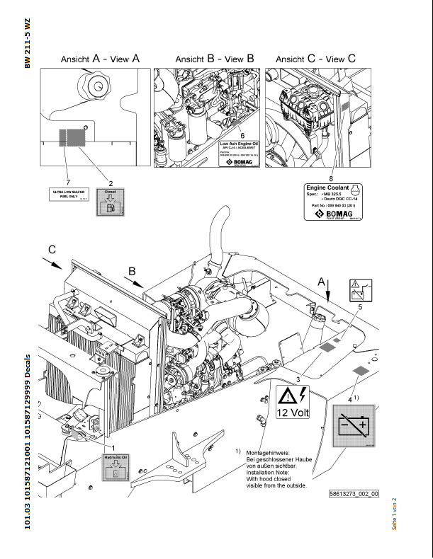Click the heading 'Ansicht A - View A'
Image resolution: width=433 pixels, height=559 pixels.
tap(100, 59)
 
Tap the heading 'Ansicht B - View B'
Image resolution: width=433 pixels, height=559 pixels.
tap(214, 59)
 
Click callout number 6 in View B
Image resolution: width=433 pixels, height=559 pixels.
tap(242, 134)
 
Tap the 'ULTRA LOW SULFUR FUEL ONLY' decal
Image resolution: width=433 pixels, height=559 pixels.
tap(69, 195)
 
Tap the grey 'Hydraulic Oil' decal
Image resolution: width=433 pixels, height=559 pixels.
tap(114, 470)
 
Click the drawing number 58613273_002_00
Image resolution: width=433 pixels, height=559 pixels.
tap(354, 494)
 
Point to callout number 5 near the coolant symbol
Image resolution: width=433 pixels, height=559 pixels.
tap(360, 307)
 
